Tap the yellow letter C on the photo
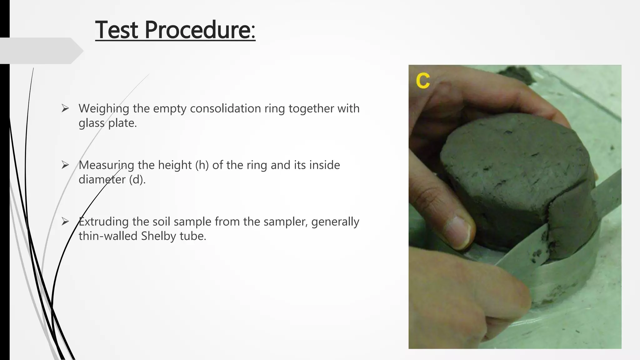point(423,81)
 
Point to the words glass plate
point(107,123)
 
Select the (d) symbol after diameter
point(137,179)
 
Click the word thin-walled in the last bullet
point(108,236)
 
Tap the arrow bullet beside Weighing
point(65,109)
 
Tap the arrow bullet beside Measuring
point(65,165)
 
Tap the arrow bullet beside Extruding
point(65,222)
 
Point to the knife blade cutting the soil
point(531,247)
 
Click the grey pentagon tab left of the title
point(41,51)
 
